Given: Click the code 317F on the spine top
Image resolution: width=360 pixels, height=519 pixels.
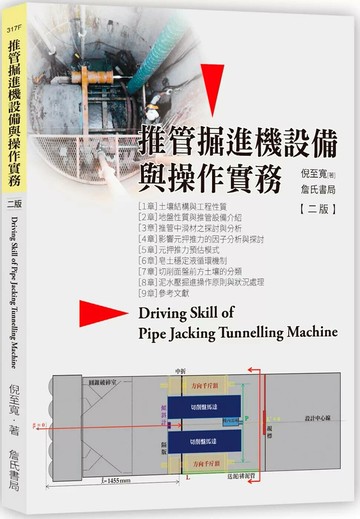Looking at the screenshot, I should [13, 31].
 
